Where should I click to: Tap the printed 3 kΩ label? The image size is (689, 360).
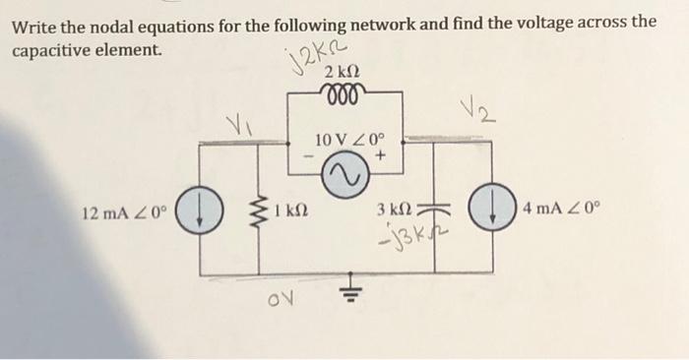pyautogui.click(x=396, y=210)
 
